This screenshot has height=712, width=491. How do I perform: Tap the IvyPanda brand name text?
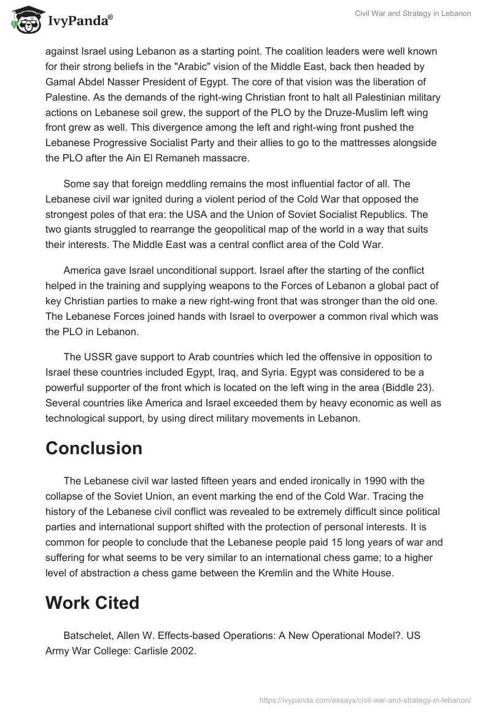coord(80,20)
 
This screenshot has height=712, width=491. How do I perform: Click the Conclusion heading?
coord(94,448)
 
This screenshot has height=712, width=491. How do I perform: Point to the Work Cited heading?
coord(92,603)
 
